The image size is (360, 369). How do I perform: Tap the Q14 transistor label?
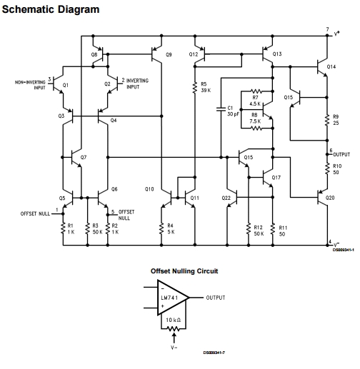[x=331, y=66]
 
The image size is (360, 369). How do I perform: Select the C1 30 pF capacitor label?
[x=231, y=111]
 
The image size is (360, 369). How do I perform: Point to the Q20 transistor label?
[x=330, y=197]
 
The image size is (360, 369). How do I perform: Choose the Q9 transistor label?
[x=169, y=54]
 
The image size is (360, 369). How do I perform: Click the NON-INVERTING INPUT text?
[x=30, y=85]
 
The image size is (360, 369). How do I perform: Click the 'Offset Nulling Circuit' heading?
[x=184, y=271]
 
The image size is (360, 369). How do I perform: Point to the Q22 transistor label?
[x=226, y=197]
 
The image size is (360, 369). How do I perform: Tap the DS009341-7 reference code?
[x=214, y=352]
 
